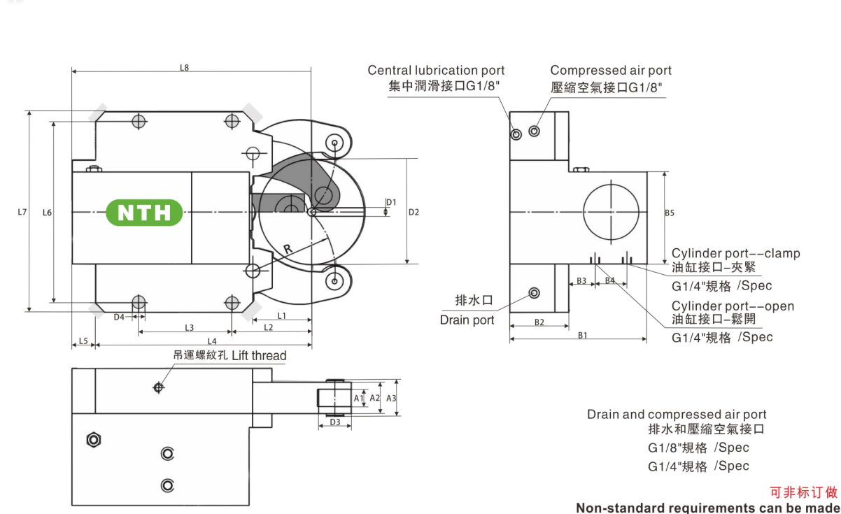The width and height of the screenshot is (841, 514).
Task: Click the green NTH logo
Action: point(144,212)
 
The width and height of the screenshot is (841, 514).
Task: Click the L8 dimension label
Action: point(185,68)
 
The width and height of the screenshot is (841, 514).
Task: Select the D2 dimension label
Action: point(414,212)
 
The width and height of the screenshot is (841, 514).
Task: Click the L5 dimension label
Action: point(83,341)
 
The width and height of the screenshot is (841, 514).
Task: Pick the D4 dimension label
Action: point(120,317)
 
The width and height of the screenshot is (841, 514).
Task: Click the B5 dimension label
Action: point(670,213)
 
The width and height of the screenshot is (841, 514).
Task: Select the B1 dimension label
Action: point(581,335)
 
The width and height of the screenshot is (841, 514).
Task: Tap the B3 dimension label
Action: point(580,281)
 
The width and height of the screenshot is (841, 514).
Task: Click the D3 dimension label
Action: point(335,422)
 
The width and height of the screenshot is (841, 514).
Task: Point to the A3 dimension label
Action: point(392,398)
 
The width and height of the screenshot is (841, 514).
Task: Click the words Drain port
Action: point(467,320)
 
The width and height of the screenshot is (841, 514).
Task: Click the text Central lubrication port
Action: point(436,71)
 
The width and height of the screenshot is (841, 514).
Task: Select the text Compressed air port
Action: point(610,71)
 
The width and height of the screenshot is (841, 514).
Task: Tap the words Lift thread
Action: point(259,356)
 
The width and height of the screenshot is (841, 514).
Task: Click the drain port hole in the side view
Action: point(535,292)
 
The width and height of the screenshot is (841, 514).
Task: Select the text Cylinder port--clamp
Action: point(735,253)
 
